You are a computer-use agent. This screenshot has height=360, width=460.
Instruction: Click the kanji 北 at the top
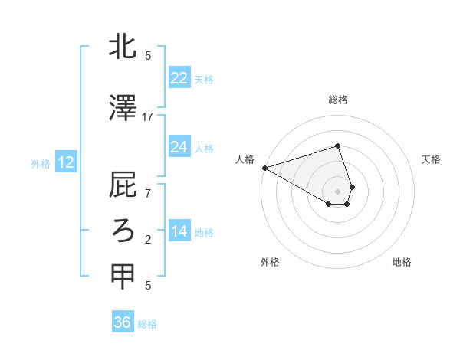(x=123, y=47)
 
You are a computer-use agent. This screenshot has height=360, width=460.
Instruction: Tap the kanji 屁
(x=123, y=187)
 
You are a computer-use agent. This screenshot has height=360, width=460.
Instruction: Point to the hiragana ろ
(x=123, y=230)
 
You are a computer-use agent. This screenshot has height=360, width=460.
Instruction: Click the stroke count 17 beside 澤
(x=148, y=117)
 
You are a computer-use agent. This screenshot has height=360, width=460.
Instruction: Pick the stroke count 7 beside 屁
(x=148, y=193)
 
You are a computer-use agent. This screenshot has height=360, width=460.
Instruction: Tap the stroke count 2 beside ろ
(x=148, y=240)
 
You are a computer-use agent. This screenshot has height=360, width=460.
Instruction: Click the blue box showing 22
(x=179, y=78)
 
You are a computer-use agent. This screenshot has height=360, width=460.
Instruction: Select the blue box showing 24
(x=179, y=147)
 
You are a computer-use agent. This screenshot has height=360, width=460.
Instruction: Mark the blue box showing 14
(x=179, y=231)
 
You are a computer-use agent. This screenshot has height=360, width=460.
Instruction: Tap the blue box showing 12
(x=65, y=162)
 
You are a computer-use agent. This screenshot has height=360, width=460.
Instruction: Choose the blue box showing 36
(x=122, y=322)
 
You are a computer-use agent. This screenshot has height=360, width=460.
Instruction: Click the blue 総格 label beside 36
(x=147, y=324)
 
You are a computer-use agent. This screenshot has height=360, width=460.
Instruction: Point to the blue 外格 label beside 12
(x=41, y=163)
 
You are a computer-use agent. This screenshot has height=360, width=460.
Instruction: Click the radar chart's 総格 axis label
(x=337, y=100)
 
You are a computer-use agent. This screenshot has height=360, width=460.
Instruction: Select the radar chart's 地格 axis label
(x=402, y=262)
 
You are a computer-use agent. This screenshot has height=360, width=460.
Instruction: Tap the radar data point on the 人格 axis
(x=264, y=167)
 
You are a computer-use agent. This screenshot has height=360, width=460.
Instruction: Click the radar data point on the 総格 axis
(x=337, y=146)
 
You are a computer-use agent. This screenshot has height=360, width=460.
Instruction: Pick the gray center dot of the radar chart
(x=337, y=191)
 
